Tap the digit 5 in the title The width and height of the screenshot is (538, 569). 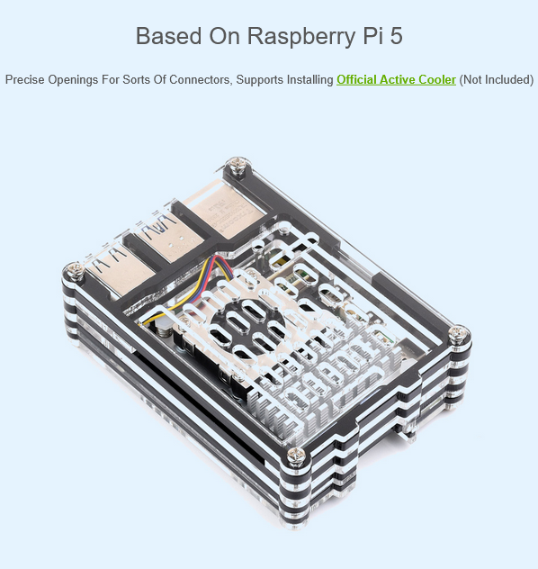click(x=396, y=36)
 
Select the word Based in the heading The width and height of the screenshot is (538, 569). click(x=168, y=36)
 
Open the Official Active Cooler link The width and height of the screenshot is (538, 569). click(x=396, y=79)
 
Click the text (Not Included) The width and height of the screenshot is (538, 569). click(x=497, y=79)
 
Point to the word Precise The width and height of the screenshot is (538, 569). click(x=24, y=79)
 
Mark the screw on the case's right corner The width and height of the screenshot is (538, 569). click(x=460, y=333)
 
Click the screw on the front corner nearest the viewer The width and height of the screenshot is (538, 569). click(x=296, y=456)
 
